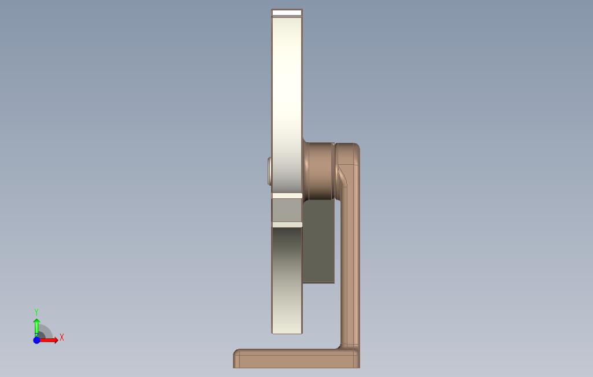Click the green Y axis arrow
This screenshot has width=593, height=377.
[36, 327]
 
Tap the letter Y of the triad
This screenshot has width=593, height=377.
[36, 312]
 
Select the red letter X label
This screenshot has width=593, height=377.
[62, 337]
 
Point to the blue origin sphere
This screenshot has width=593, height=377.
[36, 341]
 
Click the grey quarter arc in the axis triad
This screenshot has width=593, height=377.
[46, 331]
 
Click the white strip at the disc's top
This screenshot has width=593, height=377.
[287, 13]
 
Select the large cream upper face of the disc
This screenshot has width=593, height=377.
[287, 105]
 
